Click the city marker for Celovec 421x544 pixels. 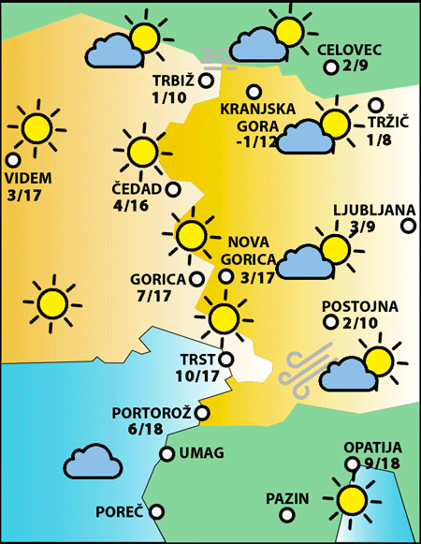click(x=330, y=67)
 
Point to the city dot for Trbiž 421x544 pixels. click(x=206, y=81)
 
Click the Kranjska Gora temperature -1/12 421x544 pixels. click(x=257, y=142)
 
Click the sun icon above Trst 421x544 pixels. click(x=224, y=318)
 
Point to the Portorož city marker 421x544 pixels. click(x=202, y=413)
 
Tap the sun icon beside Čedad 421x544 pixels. click(x=142, y=151)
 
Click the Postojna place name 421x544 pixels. click(x=359, y=306)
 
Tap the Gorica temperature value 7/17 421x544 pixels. click(x=153, y=296)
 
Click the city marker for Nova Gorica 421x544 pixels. click(x=226, y=276)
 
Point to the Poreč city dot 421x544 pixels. click(x=157, y=512)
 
